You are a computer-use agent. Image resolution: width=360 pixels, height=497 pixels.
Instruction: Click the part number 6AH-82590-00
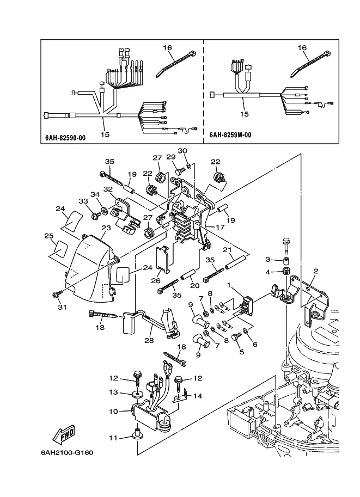(x=65, y=138)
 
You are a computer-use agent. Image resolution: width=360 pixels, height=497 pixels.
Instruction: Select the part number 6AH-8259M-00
(x=230, y=135)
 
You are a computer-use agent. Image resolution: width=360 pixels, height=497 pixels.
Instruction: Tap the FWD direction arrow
(x=63, y=434)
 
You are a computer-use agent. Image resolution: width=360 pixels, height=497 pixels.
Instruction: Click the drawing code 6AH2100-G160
(x=67, y=452)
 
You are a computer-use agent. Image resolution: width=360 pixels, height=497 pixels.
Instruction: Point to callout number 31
(x=63, y=307)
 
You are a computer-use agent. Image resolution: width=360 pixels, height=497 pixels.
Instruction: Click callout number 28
(x=149, y=340)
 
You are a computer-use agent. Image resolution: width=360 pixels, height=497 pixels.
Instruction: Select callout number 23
(x=106, y=228)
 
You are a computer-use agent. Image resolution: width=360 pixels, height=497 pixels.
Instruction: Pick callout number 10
(x=113, y=412)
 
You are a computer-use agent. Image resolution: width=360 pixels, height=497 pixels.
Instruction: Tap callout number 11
(x=113, y=438)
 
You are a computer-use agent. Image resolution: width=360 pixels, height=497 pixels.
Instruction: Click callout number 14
(x=198, y=396)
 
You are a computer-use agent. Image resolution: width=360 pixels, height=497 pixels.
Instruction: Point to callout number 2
(x=315, y=271)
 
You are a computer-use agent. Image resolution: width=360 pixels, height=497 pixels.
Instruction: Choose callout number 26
(x=156, y=280)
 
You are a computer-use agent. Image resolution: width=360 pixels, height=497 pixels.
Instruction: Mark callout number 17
(x=220, y=227)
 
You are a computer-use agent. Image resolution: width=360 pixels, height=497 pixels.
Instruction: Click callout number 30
(x=182, y=151)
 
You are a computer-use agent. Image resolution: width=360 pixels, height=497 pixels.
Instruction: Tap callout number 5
(x=242, y=352)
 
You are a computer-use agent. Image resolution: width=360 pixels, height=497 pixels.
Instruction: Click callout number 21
(x=227, y=250)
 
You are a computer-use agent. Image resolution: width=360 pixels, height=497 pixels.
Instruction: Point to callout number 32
(x=108, y=189)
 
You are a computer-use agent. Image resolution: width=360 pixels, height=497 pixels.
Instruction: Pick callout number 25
(x=49, y=236)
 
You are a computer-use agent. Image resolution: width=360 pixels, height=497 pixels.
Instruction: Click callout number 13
(x=113, y=392)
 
